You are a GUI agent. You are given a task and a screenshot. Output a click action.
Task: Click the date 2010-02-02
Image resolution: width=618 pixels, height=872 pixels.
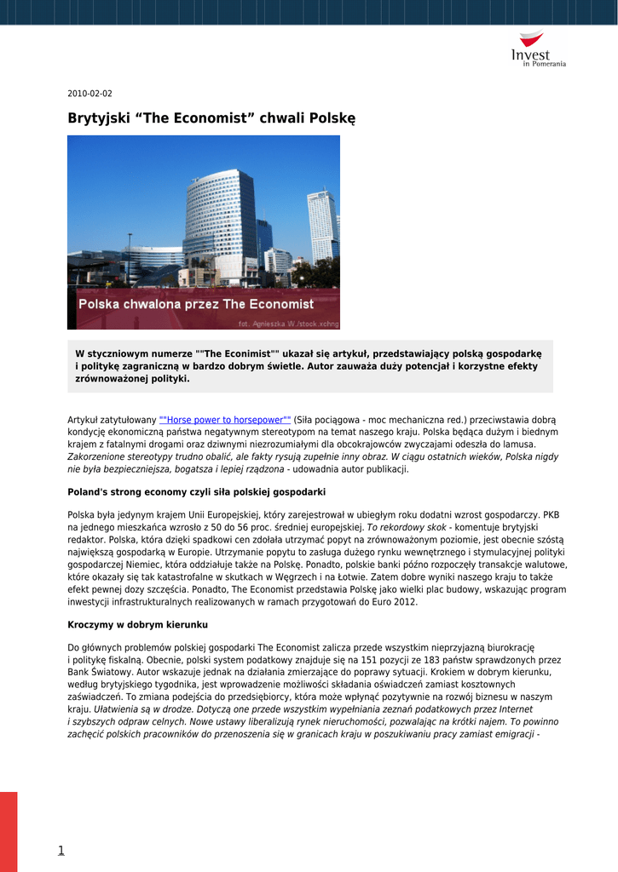(x=90, y=94)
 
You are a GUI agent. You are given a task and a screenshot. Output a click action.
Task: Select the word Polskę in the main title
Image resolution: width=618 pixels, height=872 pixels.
(x=330, y=118)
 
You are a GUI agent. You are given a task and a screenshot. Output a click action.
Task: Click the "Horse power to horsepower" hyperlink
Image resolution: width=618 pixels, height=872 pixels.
(x=225, y=420)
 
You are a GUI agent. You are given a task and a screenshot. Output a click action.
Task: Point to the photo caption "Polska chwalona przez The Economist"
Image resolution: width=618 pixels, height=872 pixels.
(x=196, y=304)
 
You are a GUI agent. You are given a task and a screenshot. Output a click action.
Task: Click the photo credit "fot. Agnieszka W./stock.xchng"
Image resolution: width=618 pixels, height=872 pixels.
(x=287, y=324)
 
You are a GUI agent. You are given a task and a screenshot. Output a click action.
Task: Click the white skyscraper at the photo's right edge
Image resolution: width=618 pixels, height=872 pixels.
(x=322, y=226)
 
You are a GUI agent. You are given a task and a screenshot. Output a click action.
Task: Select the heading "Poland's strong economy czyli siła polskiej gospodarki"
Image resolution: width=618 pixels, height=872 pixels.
(x=196, y=492)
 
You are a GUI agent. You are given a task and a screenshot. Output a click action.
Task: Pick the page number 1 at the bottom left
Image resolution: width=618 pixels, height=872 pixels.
(x=61, y=850)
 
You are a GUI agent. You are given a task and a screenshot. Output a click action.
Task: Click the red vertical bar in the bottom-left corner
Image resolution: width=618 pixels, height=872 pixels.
(x=9, y=831)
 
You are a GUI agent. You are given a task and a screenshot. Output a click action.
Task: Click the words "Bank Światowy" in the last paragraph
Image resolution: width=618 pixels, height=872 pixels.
(x=95, y=672)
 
